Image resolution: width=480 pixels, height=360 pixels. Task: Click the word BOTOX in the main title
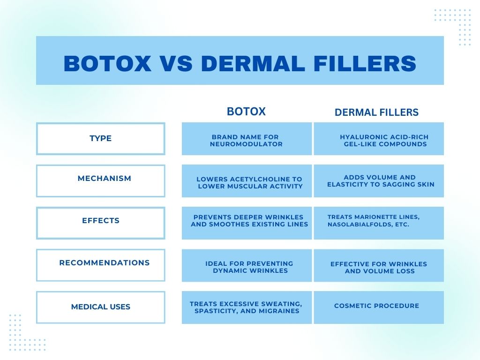[107, 64]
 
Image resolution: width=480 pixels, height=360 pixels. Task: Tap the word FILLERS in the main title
[365, 64]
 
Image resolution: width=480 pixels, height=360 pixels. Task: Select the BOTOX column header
[246, 112]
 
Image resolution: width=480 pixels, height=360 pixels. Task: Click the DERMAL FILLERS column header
[376, 112]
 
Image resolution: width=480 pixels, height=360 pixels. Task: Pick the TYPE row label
[100, 138]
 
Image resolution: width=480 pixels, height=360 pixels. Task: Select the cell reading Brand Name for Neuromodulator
[247, 139]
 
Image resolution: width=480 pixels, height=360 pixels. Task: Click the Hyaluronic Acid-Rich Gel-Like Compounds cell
[379, 139]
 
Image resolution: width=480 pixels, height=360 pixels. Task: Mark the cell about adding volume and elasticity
[379, 181]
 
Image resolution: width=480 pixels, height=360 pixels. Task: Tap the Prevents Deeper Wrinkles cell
[247, 223]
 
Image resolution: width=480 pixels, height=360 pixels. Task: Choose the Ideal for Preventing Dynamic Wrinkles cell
[247, 265]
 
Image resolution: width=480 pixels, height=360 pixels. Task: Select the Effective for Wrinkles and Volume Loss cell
[379, 265]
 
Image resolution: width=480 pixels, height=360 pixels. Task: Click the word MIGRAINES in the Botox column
[278, 311]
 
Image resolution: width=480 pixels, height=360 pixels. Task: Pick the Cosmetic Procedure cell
[379, 307]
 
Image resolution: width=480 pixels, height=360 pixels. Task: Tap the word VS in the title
[176, 64]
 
